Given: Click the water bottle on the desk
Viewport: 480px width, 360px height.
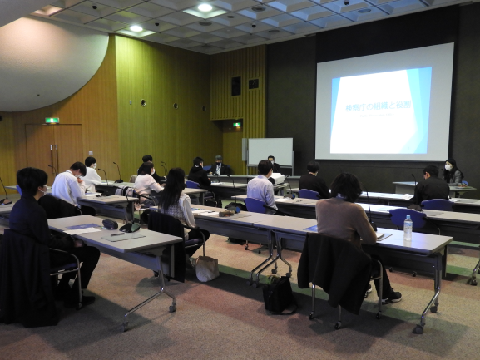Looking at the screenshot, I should click(x=408, y=228).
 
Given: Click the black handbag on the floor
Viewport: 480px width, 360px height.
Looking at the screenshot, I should click(x=279, y=294).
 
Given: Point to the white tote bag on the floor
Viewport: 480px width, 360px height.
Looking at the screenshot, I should click(x=205, y=268).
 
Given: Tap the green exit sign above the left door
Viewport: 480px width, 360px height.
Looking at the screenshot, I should click(x=52, y=121).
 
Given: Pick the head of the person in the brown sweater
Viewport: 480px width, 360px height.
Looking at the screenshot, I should click(x=346, y=187).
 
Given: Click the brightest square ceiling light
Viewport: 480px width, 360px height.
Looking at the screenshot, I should click(x=205, y=8).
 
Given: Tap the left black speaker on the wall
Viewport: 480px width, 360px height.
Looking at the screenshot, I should click(x=236, y=86).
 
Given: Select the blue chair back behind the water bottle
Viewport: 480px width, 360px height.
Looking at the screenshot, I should click(x=408, y=218).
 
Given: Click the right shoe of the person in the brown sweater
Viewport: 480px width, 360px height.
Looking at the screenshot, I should click(x=391, y=296).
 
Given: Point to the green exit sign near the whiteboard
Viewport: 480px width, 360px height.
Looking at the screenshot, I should click(x=237, y=124).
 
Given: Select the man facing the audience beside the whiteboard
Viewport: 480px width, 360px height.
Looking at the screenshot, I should click(x=220, y=166).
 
